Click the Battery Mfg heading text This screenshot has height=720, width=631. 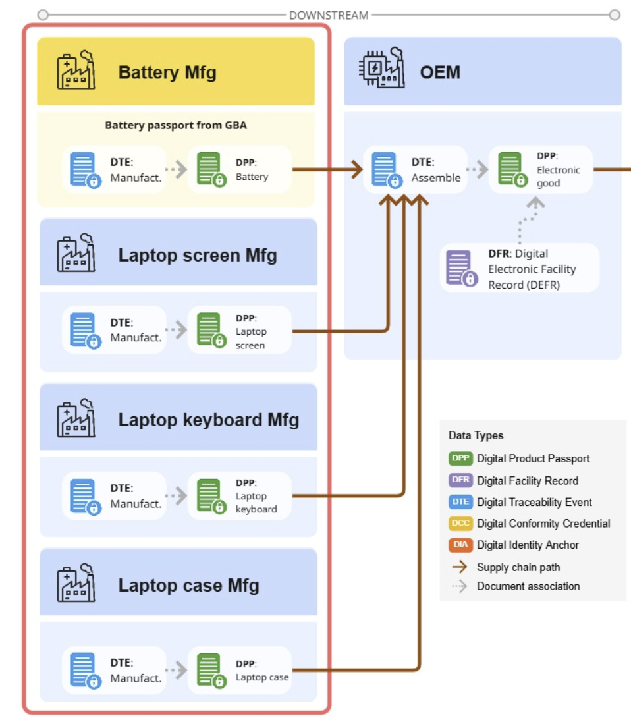pyautogui.click(x=167, y=72)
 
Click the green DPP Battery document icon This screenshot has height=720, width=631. pyautogui.click(x=210, y=169)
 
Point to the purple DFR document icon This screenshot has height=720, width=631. pyautogui.click(x=460, y=267)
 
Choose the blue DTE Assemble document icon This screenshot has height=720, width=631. pyautogui.click(x=385, y=169)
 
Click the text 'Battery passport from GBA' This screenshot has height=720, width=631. pyautogui.click(x=176, y=125)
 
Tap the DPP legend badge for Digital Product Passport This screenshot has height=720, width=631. pyautogui.click(x=460, y=458)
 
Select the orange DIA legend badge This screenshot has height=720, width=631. pyautogui.click(x=460, y=545)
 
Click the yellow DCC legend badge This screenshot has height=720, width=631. pyautogui.click(x=460, y=524)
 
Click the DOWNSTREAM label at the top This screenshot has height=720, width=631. pyautogui.click(x=329, y=14)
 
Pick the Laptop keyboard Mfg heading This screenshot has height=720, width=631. pyautogui.click(x=208, y=420)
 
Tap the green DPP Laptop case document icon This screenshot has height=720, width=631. pyautogui.click(x=210, y=670)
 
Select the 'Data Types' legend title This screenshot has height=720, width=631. pyautogui.click(x=476, y=435)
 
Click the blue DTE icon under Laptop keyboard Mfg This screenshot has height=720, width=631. pyautogui.click(x=85, y=496)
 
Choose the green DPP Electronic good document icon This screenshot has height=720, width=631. pyautogui.click(x=511, y=169)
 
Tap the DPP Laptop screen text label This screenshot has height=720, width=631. pyautogui.click(x=251, y=331)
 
